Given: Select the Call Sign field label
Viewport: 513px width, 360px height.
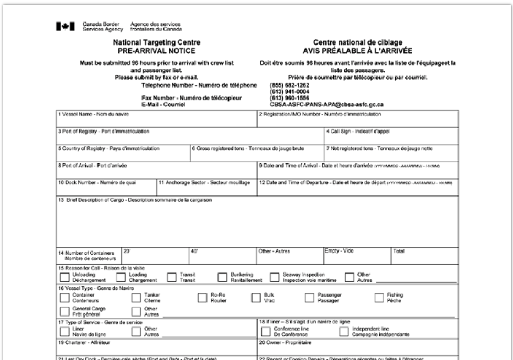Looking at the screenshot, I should click(351, 132).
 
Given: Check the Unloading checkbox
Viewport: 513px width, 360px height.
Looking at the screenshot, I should click(64, 276).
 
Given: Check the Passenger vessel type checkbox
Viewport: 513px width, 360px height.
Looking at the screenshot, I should click(309, 298).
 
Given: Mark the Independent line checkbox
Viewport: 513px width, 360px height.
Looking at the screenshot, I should click(343, 331).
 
